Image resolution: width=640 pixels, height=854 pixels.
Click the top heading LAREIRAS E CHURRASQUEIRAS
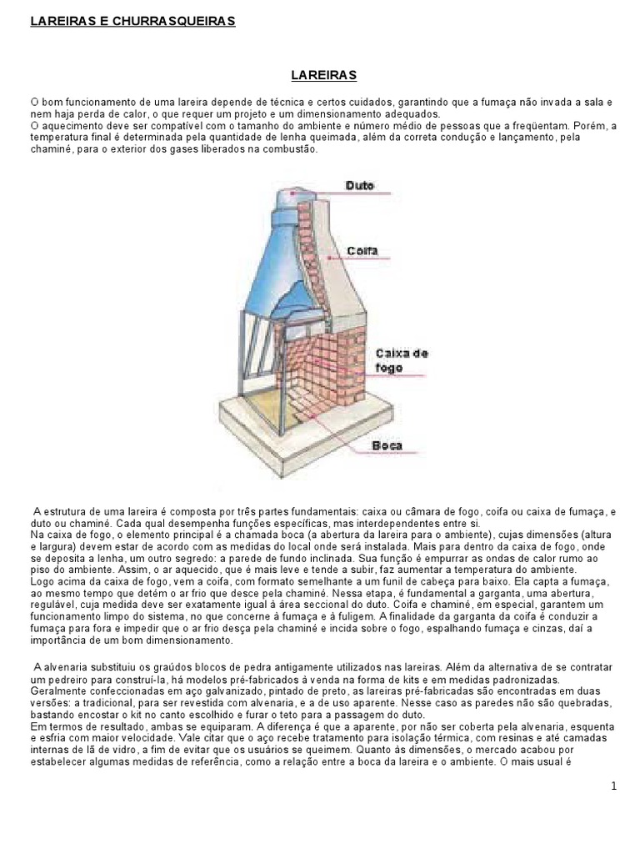click(132, 21)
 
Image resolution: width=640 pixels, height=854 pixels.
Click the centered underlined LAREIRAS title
click(324, 75)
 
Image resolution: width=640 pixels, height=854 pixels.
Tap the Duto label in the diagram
click(360, 186)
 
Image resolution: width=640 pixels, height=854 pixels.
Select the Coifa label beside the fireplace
click(362, 251)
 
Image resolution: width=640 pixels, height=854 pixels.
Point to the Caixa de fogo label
click(402, 360)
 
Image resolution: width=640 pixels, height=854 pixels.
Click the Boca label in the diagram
click(387, 445)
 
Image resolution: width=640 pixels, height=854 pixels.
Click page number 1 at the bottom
click(614, 786)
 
